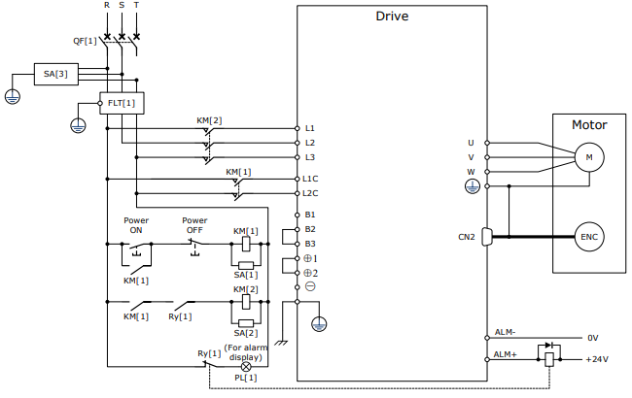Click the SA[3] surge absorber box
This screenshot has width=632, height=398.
pyautogui.click(x=56, y=74)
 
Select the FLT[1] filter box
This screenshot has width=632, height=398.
pyautogui.click(x=122, y=103)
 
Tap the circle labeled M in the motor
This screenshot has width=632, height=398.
pyautogui.click(x=589, y=157)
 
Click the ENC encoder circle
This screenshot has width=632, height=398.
pyautogui.click(x=589, y=237)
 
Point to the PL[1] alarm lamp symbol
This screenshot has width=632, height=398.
pyautogui.click(x=246, y=367)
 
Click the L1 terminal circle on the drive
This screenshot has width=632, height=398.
pyautogui.click(x=298, y=128)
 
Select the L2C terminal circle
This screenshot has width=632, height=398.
pyautogui.click(x=298, y=193)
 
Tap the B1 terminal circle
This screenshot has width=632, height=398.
pyautogui.click(x=298, y=215)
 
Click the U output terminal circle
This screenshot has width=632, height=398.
pyautogui.click(x=487, y=143)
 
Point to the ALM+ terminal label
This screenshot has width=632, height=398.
pyautogui.click(x=505, y=354)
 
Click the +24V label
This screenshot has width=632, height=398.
pyautogui.click(x=597, y=359)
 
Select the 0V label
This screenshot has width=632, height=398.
pyautogui.click(x=592, y=338)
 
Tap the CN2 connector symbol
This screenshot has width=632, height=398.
pyautogui.click(x=487, y=237)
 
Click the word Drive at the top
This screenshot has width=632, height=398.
pyautogui.click(x=392, y=17)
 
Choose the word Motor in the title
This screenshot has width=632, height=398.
pyautogui.click(x=589, y=125)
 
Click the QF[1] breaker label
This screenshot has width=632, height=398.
pyautogui.click(x=85, y=41)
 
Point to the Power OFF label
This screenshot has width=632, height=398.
pyautogui.click(x=194, y=225)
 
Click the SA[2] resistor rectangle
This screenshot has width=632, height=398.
pyautogui.click(x=246, y=323)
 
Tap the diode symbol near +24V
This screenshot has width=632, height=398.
pyautogui.click(x=549, y=346)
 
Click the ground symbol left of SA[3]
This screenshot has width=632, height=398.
pyautogui.click(x=13, y=96)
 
